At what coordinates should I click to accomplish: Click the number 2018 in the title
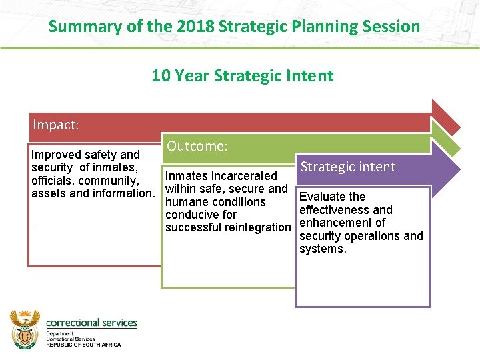click(x=195, y=27)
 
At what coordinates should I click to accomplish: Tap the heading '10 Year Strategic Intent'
click(x=242, y=75)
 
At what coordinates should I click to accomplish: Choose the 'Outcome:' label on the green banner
click(x=197, y=145)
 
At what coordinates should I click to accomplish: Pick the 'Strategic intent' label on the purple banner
click(x=348, y=167)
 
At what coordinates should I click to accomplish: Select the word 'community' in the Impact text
click(x=108, y=181)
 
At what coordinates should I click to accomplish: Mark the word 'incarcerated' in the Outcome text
click(x=243, y=176)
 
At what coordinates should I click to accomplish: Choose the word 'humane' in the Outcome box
click(x=187, y=202)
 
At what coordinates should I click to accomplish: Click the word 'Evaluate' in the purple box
click(x=323, y=197)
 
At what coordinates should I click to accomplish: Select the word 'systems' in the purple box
click(x=321, y=249)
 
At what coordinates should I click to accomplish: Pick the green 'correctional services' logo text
click(x=91, y=323)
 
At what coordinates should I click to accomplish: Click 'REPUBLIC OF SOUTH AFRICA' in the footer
click(x=83, y=344)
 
